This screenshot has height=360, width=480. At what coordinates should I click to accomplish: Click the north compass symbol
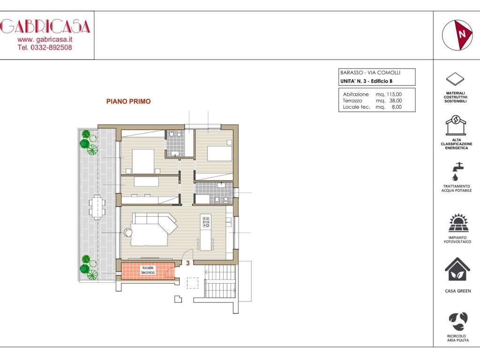pos(457,35)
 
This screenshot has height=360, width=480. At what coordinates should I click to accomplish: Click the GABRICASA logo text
pos(45,26)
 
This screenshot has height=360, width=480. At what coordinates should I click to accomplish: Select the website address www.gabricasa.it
pos(45,39)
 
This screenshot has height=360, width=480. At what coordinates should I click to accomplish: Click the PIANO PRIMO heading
pos(128,101)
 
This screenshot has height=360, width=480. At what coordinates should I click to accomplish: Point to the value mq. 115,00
pos(389,94)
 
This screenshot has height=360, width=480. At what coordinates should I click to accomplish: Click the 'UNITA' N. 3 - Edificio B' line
pos(366,81)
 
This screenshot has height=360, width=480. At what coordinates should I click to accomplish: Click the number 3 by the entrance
pos(188,263)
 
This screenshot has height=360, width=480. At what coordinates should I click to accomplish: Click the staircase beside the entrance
pos(220,281)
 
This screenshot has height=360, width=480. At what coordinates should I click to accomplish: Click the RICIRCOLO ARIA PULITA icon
pos(457,322)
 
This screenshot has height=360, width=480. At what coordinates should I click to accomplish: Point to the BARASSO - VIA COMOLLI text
pos(367,73)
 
